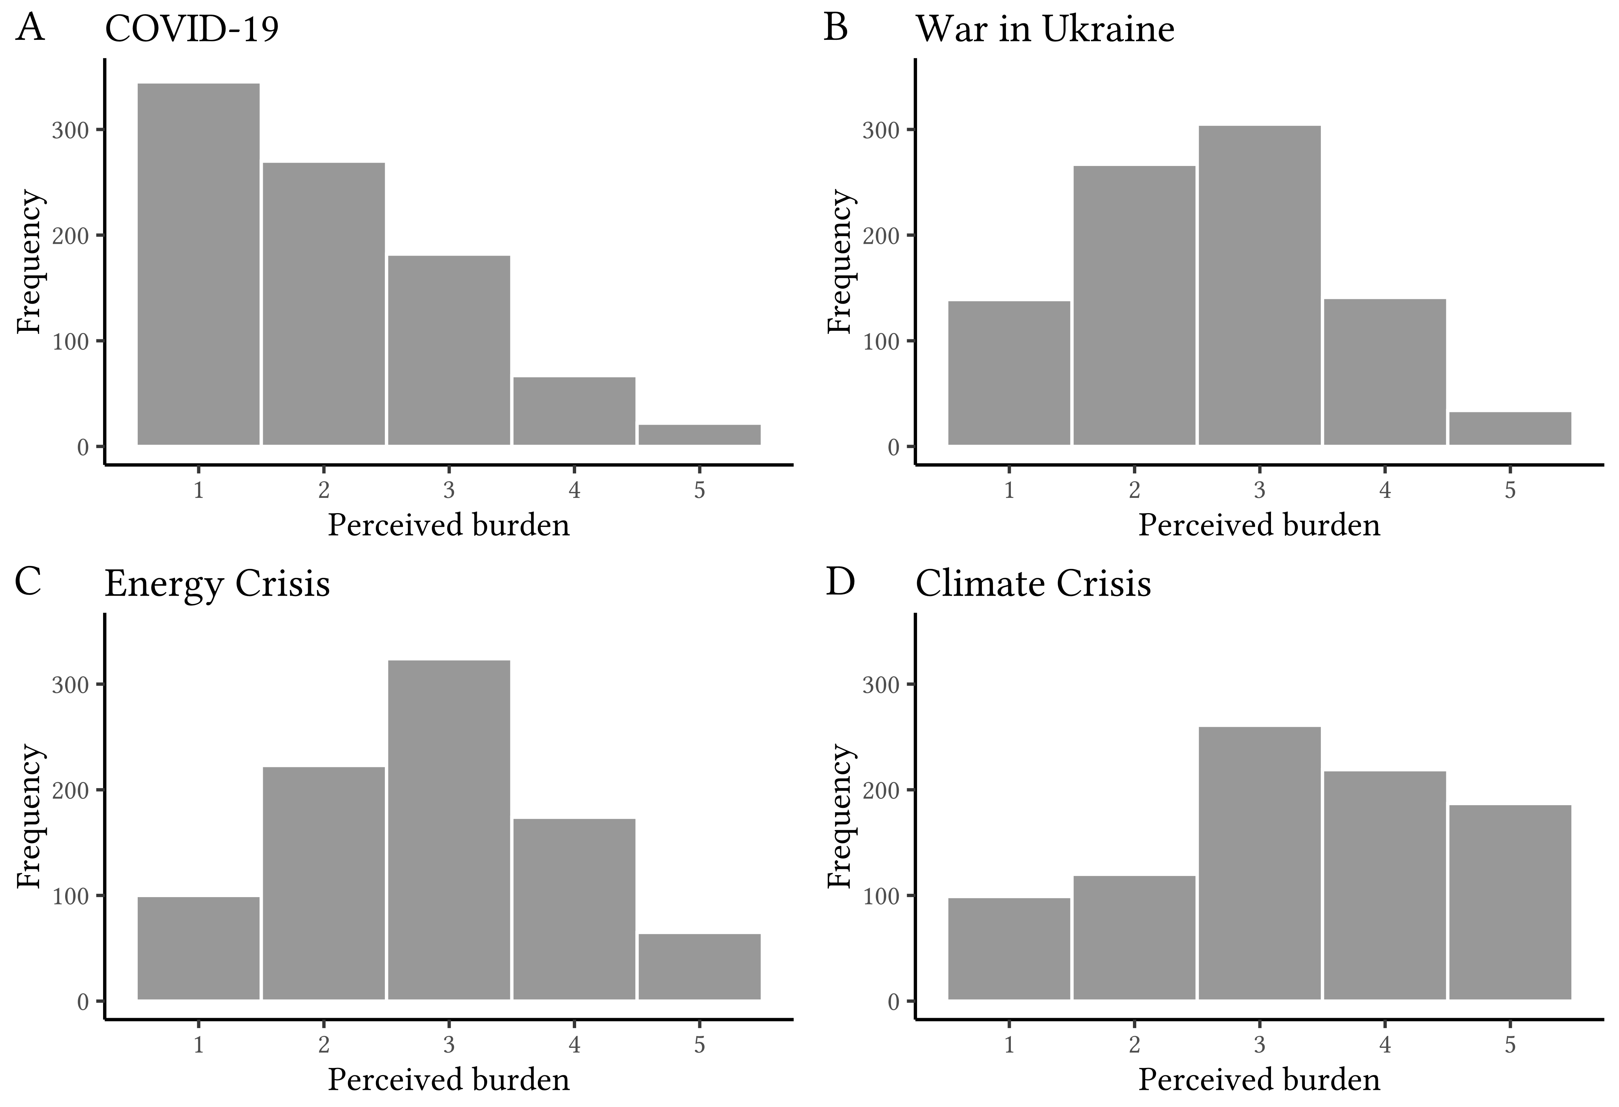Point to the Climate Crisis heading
tap(1033, 584)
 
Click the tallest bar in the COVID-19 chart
tap(198, 264)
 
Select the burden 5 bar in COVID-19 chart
tap(699, 435)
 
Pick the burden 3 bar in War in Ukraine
tap(1259, 285)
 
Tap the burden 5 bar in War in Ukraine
tap(1510, 428)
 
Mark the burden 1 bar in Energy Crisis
tap(198, 948)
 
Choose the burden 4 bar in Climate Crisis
tap(1385, 886)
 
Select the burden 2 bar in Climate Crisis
tap(1134, 938)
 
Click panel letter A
tap(29, 29)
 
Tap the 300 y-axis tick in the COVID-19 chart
tap(70, 130)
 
